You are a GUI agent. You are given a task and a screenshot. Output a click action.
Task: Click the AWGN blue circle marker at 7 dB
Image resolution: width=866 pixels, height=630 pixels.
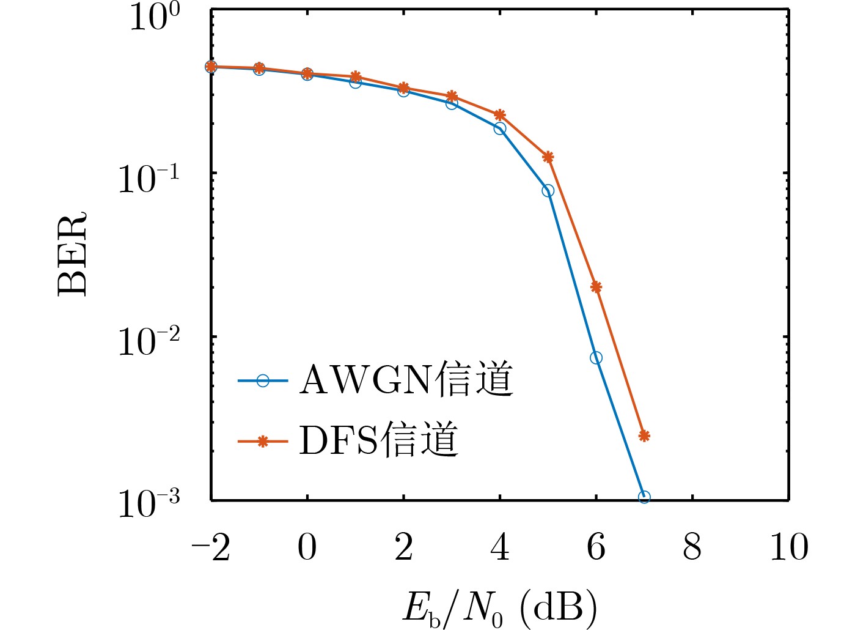(x=644, y=497)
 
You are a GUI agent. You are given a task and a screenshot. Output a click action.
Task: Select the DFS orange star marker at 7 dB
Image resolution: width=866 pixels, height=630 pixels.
(x=644, y=435)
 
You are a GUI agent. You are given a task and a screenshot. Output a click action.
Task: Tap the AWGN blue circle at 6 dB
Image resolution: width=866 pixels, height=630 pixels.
(x=596, y=358)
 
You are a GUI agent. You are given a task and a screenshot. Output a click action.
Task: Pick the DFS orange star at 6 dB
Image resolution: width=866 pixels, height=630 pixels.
(x=596, y=287)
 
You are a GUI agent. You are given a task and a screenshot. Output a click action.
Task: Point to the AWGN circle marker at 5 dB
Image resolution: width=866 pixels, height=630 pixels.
(x=548, y=191)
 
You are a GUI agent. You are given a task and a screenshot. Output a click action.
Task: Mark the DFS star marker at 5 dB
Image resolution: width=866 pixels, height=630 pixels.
(x=548, y=157)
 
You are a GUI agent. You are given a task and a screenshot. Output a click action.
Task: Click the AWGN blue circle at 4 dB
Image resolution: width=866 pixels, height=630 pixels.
(x=500, y=128)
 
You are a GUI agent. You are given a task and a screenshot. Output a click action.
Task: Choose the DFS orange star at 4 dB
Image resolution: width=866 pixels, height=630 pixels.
(x=500, y=115)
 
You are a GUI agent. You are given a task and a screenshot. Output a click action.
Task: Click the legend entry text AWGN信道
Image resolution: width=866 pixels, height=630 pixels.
(x=406, y=380)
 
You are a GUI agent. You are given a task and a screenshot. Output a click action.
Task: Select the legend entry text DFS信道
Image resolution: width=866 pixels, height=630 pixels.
(x=378, y=440)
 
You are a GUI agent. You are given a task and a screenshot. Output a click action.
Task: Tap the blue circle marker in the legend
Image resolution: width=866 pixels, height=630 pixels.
(x=263, y=380)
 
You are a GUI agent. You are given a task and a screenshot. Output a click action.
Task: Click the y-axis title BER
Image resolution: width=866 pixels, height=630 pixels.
(x=72, y=254)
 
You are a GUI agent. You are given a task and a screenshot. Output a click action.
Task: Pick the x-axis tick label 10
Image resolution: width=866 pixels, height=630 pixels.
(x=788, y=547)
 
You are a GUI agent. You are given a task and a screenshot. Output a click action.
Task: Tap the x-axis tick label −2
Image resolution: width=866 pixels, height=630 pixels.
(x=211, y=547)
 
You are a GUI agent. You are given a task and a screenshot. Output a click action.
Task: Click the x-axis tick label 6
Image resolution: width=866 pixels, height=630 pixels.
(x=596, y=547)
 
